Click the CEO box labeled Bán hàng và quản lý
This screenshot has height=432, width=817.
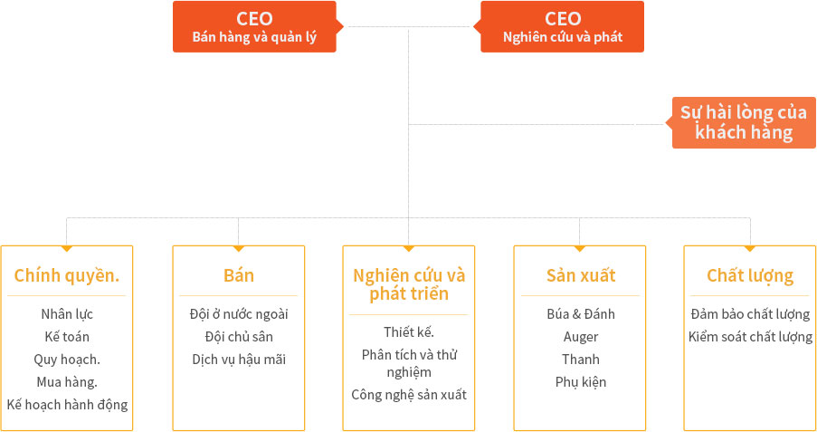point(254,26)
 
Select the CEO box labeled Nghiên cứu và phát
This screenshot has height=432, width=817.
point(562,26)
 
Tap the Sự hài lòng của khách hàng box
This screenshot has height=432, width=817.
point(744,122)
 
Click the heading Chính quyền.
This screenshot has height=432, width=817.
point(67,275)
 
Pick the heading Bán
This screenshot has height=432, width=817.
point(239,275)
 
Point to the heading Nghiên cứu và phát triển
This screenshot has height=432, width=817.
point(409,284)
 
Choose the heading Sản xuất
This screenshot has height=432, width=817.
point(581,275)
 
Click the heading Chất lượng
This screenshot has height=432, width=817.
point(750,275)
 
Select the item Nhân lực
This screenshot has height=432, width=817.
point(67,314)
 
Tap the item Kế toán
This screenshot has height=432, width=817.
point(67,337)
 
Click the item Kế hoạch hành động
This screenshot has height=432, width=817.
point(67,405)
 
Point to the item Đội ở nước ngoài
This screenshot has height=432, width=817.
point(239,314)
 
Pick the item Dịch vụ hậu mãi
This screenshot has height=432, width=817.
point(239,360)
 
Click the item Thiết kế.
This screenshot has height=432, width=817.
point(409,331)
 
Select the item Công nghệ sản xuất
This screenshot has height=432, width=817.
point(409,395)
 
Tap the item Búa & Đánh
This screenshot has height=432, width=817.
point(581,314)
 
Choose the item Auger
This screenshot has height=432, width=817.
point(581,337)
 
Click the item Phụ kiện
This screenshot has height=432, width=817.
point(581,382)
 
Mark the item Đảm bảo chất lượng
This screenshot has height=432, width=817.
point(750,314)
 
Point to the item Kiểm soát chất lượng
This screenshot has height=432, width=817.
point(750,337)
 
